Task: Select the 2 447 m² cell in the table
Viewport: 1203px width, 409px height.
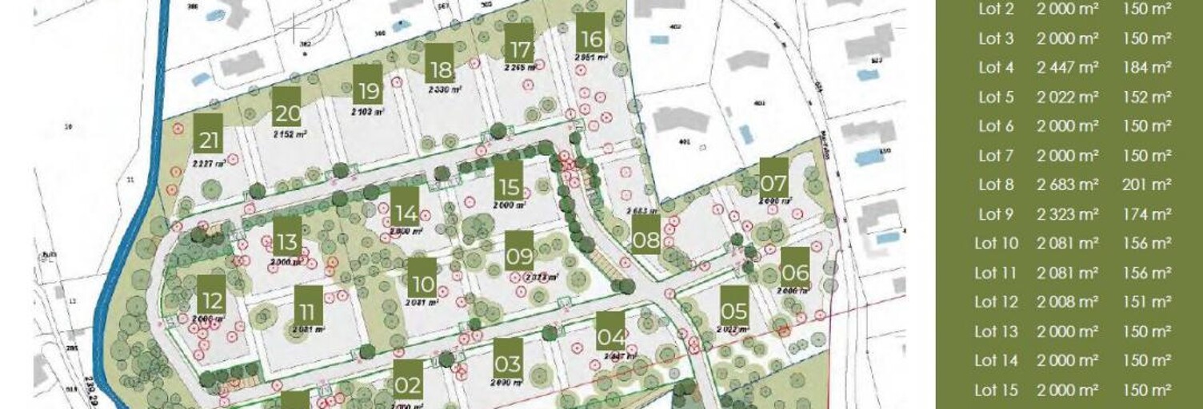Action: pos(1068,68)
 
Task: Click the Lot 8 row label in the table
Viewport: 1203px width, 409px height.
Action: pos(996,185)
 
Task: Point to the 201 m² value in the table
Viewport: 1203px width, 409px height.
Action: pos(1146,185)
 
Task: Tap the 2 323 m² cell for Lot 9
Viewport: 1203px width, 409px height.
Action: pos(1068,214)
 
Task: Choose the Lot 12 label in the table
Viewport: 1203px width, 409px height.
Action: pos(996,302)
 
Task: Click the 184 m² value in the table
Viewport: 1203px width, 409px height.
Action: pos(1146,68)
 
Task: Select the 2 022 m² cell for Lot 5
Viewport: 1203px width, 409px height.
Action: pos(1068,97)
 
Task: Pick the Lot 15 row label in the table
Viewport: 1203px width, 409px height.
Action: pos(996,390)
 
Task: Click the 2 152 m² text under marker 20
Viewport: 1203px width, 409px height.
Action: pos(290,134)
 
